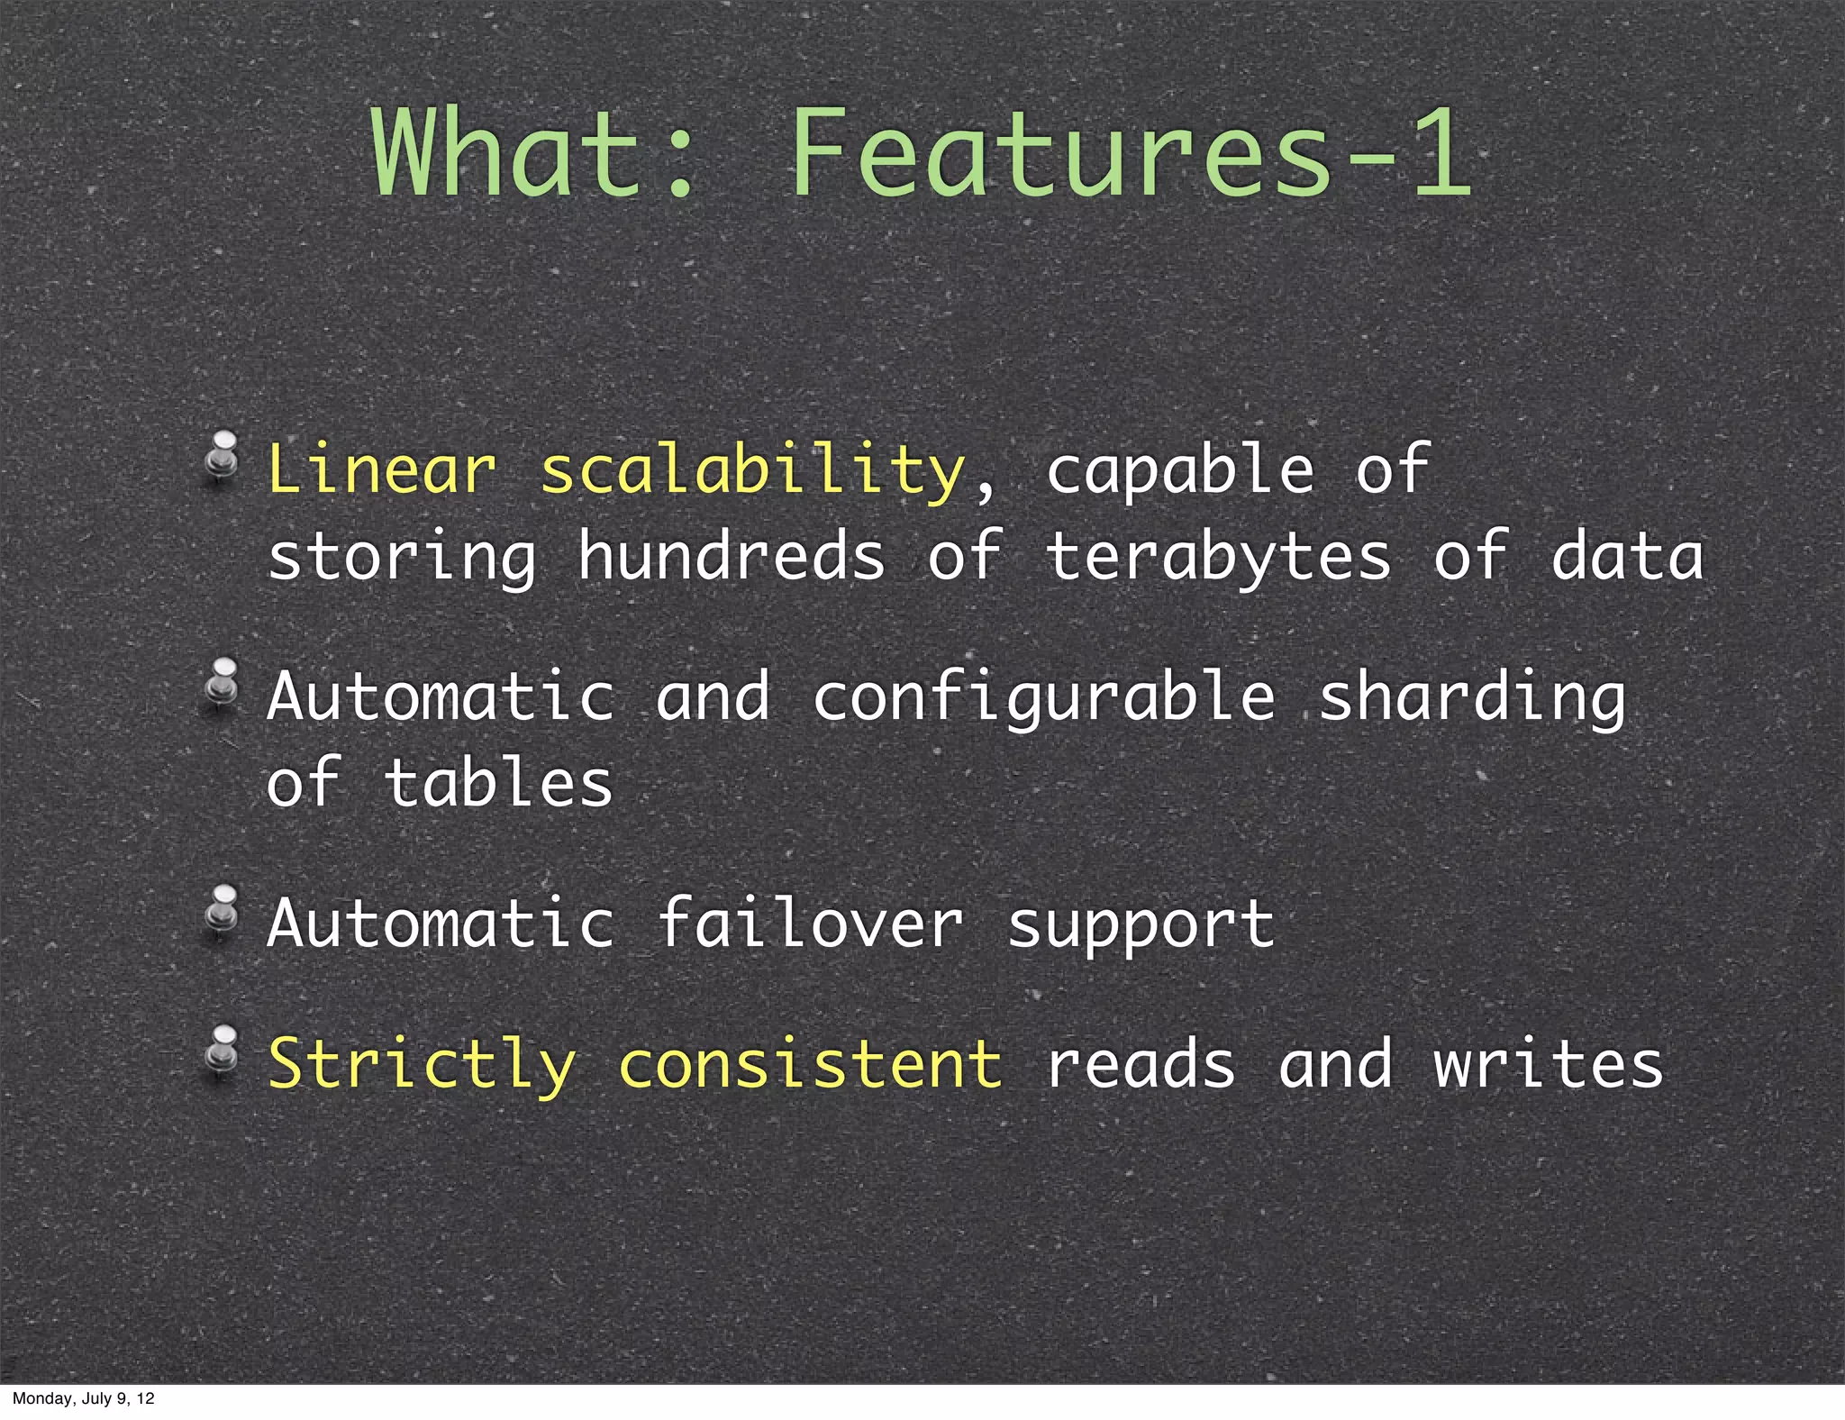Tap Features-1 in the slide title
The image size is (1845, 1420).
tap(1131, 153)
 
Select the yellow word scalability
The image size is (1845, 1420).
tap(752, 471)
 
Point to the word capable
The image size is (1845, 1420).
tap(1179, 471)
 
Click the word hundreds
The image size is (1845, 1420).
tap(732, 556)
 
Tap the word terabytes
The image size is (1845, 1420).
tap(1218, 558)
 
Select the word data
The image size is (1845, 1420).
tap(1627, 556)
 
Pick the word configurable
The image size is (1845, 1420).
tap(1044, 698)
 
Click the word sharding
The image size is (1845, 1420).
tap(1472, 698)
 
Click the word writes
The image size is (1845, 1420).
tap(1548, 1064)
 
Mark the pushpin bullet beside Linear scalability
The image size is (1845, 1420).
tap(222, 456)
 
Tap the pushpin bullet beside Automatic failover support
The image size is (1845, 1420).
tap(222, 909)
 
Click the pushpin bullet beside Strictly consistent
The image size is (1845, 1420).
tap(222, 1050)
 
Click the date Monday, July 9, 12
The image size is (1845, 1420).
tap(83, 1398)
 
